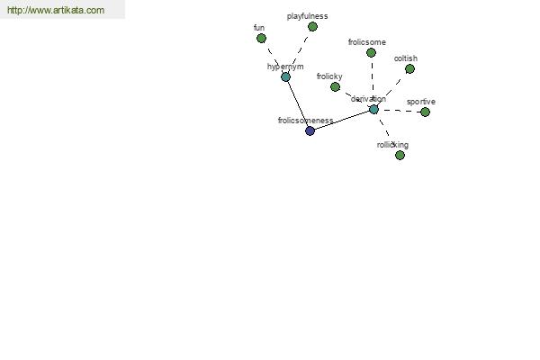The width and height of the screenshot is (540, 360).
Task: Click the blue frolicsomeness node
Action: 310,130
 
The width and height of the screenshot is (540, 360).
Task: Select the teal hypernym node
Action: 285,76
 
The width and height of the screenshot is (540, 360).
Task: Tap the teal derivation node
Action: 373,110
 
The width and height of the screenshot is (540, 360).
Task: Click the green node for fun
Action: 261,38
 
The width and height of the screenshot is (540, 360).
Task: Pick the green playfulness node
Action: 312,26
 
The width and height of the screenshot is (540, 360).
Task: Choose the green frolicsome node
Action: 371,53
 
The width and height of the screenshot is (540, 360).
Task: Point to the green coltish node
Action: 409,69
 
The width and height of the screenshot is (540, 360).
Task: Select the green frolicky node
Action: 335,86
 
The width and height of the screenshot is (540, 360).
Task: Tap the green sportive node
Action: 426,112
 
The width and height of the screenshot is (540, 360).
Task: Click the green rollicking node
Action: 400,156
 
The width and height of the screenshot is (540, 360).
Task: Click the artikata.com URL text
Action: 56,10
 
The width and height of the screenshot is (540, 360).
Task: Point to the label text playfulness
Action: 307,16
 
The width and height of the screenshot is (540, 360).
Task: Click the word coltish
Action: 406,58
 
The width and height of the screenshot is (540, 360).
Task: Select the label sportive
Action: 421,102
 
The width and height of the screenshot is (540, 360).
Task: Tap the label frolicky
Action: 329,76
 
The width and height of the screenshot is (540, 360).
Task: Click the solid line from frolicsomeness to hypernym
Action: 298,103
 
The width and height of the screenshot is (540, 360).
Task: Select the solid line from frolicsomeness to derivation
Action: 342,121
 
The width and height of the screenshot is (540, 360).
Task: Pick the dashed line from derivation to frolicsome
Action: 373,81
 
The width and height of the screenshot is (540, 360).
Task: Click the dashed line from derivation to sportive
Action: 400,111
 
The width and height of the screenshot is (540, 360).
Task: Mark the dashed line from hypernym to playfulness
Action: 299,51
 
